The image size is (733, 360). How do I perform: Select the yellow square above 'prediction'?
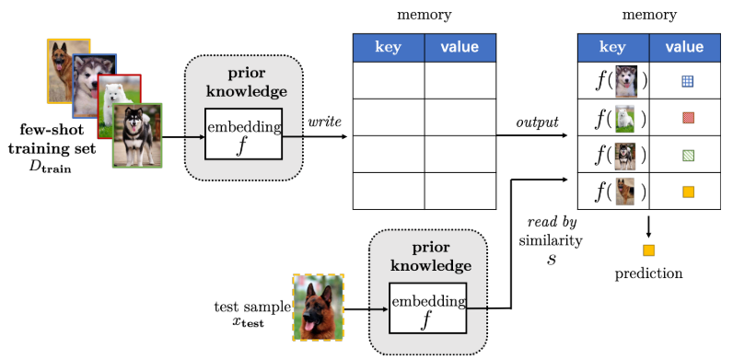click(x=649, y=250)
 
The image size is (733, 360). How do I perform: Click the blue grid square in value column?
click(x=687, y=81)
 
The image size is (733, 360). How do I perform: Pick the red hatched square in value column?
click(x=687, y=118)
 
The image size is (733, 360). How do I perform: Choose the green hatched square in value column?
click(x=687, y=155)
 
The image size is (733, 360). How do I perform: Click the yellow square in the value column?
click(x=687, y=192)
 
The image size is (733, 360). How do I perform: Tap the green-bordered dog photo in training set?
click(x=137, y=136)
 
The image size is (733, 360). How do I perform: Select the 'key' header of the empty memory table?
click(x=389, y=47)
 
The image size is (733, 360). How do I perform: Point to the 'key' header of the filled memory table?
click(x=612, y=47)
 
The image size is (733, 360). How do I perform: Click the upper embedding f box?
click(x=243, y=134)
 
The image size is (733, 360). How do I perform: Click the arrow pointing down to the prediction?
click(x=649, y=226)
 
